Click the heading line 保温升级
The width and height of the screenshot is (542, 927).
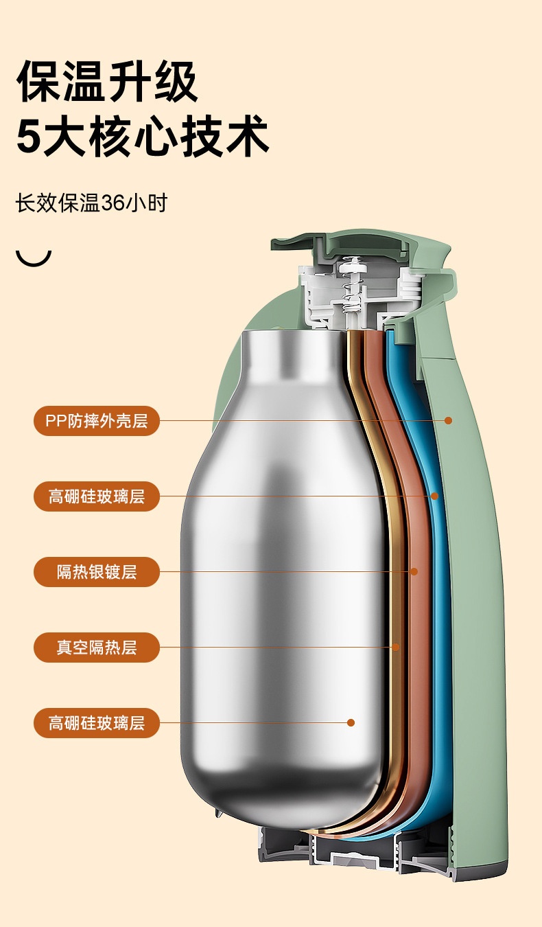tap(107, 82)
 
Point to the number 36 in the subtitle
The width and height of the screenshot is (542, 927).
tap(115, 203)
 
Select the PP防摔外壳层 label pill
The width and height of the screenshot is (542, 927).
tap(97, 420)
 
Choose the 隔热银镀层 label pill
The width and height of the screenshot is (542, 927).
tap(97, 571)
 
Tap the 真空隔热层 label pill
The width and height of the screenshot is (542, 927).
tap(97, 647)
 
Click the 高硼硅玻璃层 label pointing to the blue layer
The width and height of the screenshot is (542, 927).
tap(97, 496)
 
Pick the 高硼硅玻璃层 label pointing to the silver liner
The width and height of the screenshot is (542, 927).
tap(97, 722)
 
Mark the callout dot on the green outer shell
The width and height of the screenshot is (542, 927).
tap(448, 420)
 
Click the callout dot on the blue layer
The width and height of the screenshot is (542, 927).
tap(434, 496)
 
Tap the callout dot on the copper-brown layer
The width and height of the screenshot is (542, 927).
tap(414, 571)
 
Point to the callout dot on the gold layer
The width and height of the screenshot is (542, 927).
tap(396, 647)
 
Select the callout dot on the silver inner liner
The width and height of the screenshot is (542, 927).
tap(351, 722)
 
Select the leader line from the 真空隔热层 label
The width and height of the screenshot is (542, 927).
tap(274, 647)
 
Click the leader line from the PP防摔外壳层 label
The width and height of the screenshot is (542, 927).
tap(302, 420)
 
